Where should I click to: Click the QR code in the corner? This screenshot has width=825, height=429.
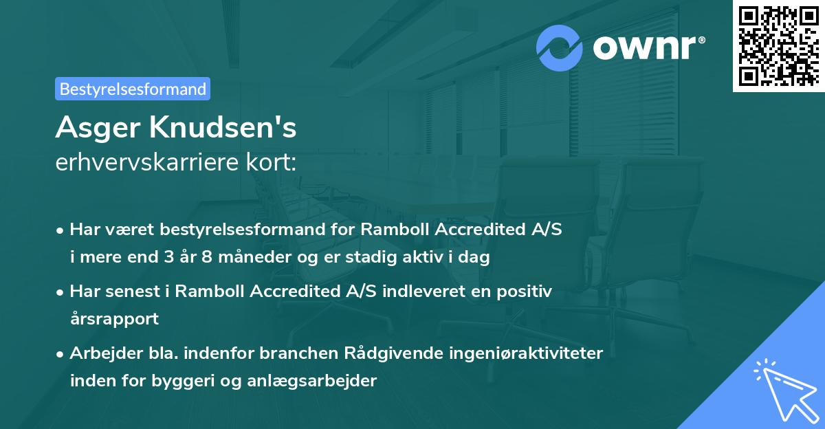pos(778,45)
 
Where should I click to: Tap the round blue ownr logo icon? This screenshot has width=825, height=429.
pos(560,47)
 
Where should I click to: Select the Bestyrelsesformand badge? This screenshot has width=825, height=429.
pos(133,89)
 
